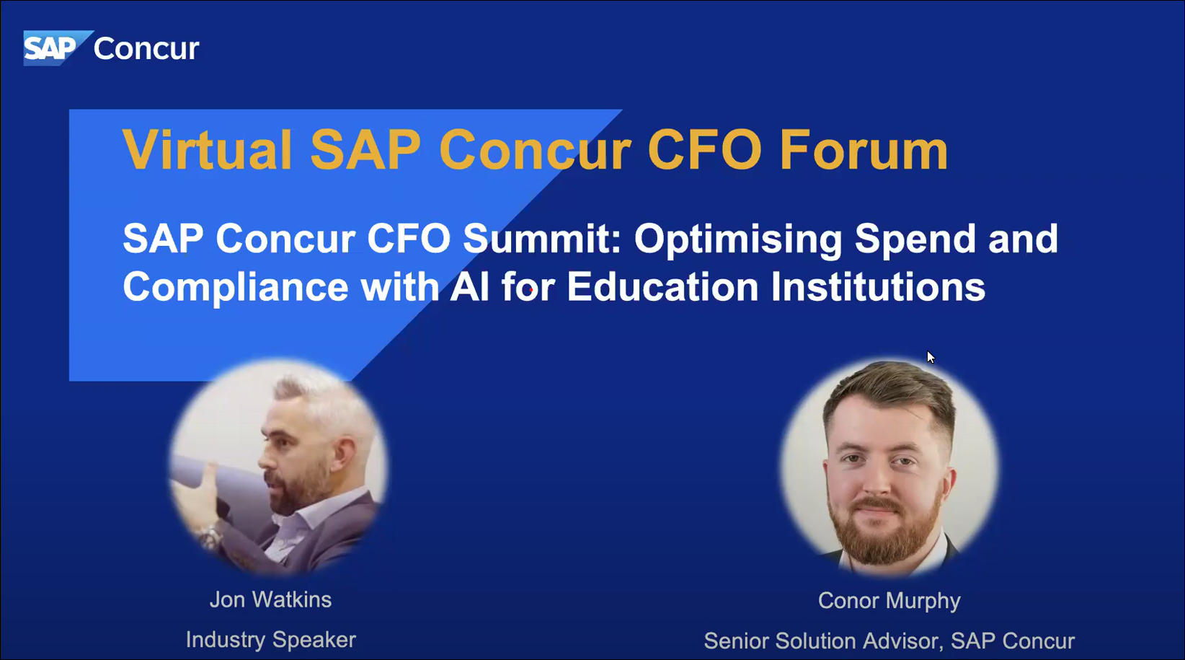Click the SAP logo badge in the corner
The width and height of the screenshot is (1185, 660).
pyautogui.click(x=56, y=48)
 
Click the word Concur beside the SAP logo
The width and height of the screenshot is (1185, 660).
pyautogui.click(x=146, y=49)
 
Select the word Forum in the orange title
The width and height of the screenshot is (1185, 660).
pyautogui.click(x=864, y=150)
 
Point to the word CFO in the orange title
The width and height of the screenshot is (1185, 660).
pyautogui.click(x=704, y=150)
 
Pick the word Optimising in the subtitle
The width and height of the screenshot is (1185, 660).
pyautogui.click(x=738, y=239)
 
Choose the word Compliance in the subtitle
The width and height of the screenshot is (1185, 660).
pyautogui.click(x=236, y=287)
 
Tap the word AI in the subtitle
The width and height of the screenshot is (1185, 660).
pyautogui.click(x=469, y=286)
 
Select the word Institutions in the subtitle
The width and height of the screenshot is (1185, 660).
pyautogui.click(x=878, y=286)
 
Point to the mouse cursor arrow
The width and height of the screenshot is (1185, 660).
pyautogui.click(x=931, y=357)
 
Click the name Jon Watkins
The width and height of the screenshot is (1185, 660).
pyautogui.click(x=271, y=599)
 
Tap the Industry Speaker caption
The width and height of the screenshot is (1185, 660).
pyautogui.click(x=271, y=640)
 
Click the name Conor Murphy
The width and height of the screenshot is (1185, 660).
pyautogui.click(x=889, y=601)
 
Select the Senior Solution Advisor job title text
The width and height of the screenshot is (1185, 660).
pyautogui.click(x=822, y=641)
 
